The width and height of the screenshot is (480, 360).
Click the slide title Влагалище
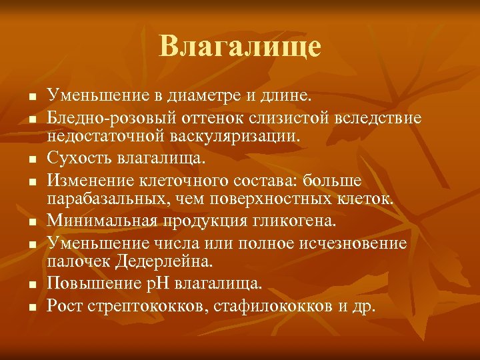240,47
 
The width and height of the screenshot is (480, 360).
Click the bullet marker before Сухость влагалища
31,159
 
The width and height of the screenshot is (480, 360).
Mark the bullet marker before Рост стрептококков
31,307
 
